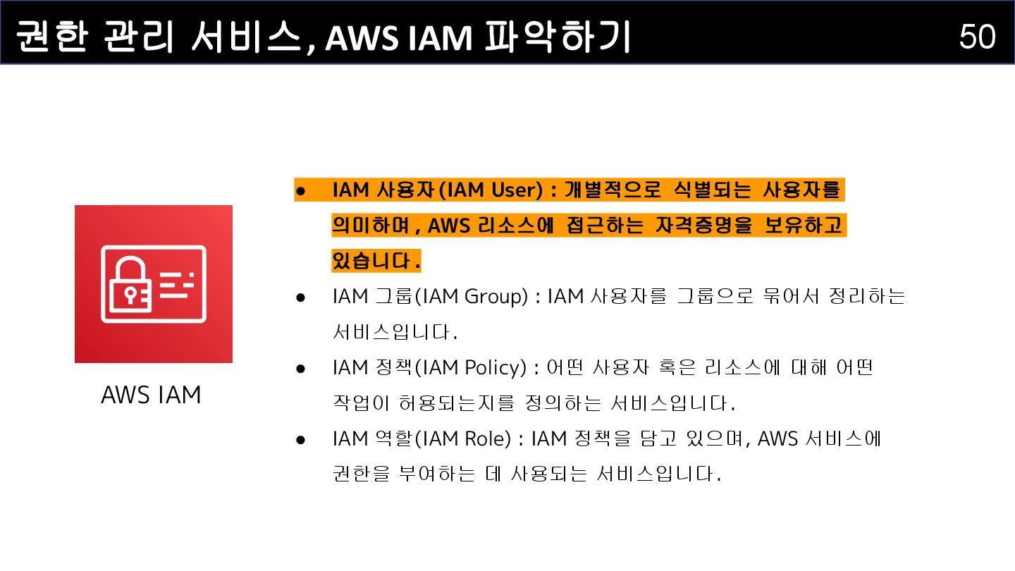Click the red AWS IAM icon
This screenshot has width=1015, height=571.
(154, 284)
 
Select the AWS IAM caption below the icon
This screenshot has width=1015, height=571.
(151, 395)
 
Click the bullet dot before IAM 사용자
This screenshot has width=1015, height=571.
(300, 190)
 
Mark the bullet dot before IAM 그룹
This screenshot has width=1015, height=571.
(300, 297)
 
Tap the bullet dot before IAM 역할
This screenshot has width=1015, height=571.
(300, 440)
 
